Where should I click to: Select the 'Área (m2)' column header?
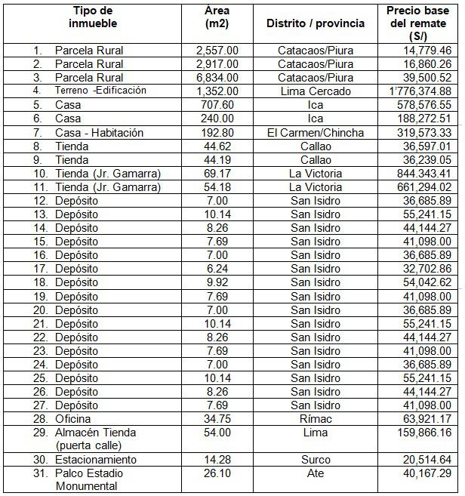(217, 17)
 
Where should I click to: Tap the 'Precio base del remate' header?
(417, 23)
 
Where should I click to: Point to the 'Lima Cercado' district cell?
(316, 91)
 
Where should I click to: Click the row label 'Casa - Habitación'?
(99, 132)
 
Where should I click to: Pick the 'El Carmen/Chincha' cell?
(316, 132)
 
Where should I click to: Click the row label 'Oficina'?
(73, 418)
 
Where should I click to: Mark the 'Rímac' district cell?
(316, 418)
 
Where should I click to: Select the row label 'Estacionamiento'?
(96, 460)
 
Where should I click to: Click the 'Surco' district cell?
(316, 460)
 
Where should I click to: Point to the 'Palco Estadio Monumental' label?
(89, 479)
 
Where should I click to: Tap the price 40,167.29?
(426, 473)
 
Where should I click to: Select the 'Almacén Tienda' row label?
(95, 432)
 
